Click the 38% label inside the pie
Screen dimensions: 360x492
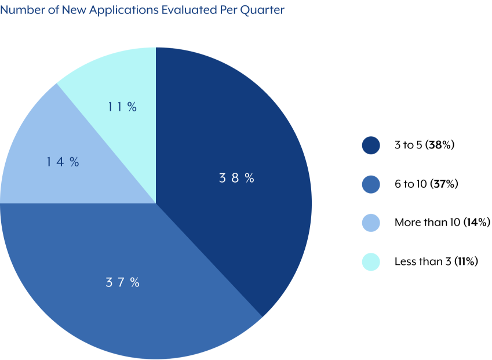click(236, 179)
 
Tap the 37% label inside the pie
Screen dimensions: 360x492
click(122, 283)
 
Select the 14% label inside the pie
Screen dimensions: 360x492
click(63, 162)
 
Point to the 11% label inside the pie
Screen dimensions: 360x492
click(122, 107)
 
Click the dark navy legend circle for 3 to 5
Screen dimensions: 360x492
click(371, 145)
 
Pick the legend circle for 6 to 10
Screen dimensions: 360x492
click(371, 184)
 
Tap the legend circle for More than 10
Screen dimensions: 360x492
click(371, 223)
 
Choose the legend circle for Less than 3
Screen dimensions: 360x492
click(371, 261)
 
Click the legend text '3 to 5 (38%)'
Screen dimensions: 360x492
click(424, 145)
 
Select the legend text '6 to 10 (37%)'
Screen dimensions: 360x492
click(427, 184)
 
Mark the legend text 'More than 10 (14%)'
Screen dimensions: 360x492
click(442, 223)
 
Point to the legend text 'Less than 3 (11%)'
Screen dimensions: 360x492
click(436, 261)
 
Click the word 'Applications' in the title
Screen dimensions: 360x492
click(98, 10)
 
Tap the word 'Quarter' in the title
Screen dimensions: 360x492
click(265, 10)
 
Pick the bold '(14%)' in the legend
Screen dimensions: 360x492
click(477, 223)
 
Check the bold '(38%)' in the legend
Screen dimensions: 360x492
click(440, 145)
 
